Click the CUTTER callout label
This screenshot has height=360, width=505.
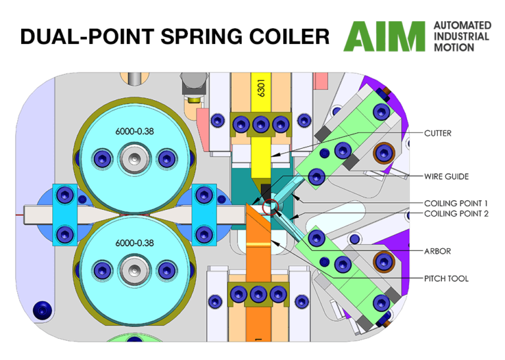pos(439,133)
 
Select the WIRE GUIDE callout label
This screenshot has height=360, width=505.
pos(447,176)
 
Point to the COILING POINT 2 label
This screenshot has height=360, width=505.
pos(455,213)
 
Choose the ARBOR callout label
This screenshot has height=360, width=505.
pos(437,251)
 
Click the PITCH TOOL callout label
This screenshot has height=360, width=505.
pos(446,278)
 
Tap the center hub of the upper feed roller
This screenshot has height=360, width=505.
pos(134,159)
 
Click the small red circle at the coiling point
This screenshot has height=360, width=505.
pos(270,209)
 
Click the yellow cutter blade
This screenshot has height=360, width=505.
pos(261,158)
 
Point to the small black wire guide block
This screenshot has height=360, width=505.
pos(266,191)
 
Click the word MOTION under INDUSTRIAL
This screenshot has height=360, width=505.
pos(453,48)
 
